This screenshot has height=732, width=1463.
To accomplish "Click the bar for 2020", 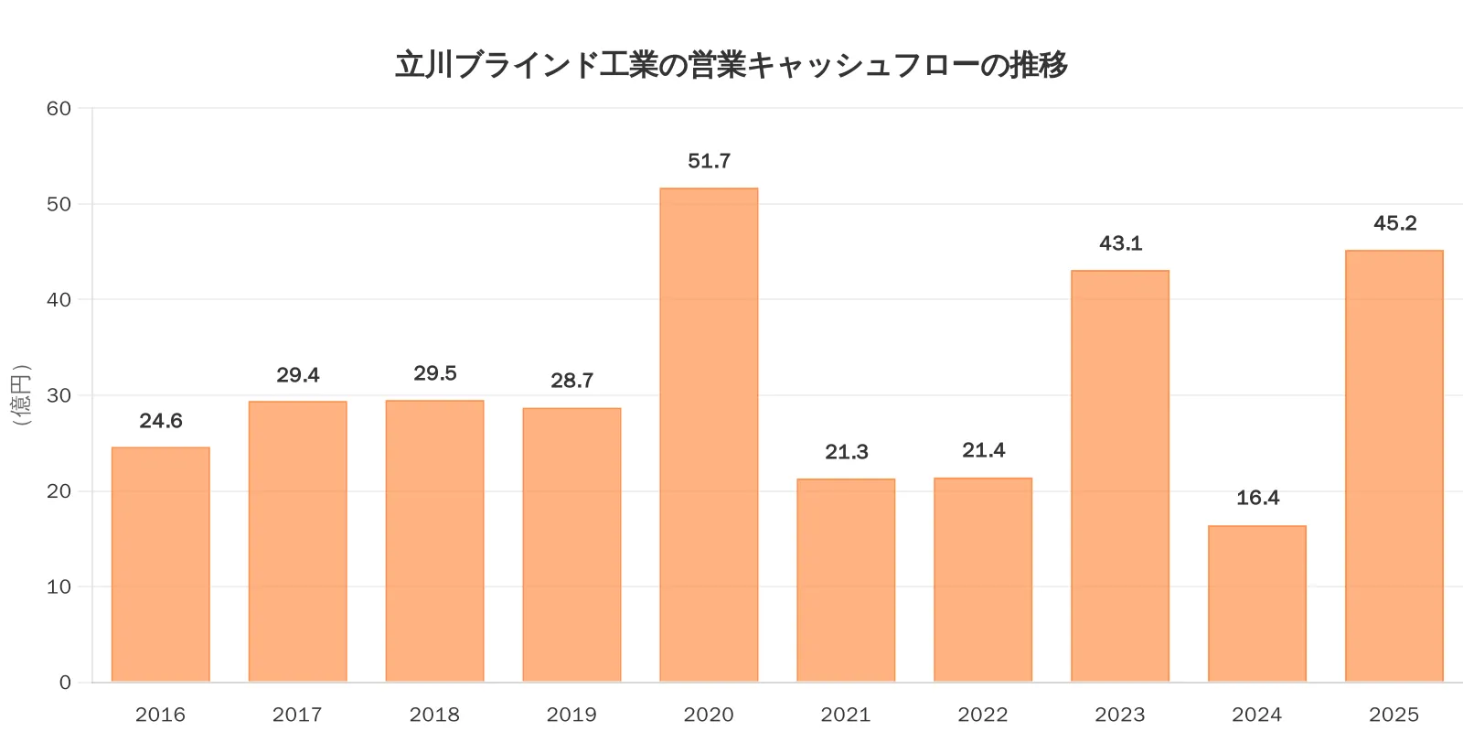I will click(709, 435).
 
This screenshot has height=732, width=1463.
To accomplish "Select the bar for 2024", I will click(1257, 604).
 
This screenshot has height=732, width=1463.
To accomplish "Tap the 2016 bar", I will click(161, 565).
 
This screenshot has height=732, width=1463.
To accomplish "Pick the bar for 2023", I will click(1120, 476).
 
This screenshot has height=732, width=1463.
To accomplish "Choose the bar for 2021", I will click(846, 580).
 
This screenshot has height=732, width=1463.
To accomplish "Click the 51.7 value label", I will click(709, 161).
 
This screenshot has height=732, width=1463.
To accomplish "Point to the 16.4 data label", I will click(1257, 498).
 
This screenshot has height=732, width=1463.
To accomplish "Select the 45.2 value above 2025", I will click(1394, 223).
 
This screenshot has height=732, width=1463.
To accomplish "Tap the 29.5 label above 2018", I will click(434, 373).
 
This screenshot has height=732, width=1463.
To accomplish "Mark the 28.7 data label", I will click(571, 381).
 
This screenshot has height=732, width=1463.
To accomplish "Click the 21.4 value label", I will click(983, 450).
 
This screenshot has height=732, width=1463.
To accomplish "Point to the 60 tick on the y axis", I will click(59, 109).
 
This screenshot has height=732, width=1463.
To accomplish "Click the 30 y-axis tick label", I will click(59, 395).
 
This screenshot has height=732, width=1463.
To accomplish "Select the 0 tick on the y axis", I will click(65, 683).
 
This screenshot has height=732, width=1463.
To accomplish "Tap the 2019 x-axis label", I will click(571, 715).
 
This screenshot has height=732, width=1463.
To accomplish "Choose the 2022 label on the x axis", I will click(983, 715).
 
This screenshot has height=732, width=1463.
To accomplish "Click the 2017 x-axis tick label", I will click(297, 715).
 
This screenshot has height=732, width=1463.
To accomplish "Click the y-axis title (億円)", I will click(21, 395).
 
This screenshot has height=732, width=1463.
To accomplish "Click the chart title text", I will click(731, 65).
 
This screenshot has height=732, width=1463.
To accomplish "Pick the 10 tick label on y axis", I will click(59, 587).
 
